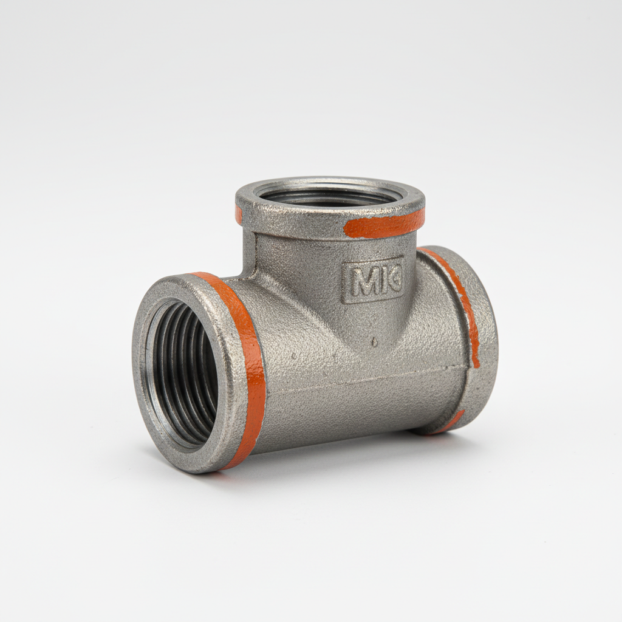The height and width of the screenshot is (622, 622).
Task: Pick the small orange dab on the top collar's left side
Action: coord(239,214)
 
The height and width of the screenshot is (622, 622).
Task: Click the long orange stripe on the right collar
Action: coord(462,298)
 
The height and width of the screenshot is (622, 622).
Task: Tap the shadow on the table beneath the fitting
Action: coord(340,453)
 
